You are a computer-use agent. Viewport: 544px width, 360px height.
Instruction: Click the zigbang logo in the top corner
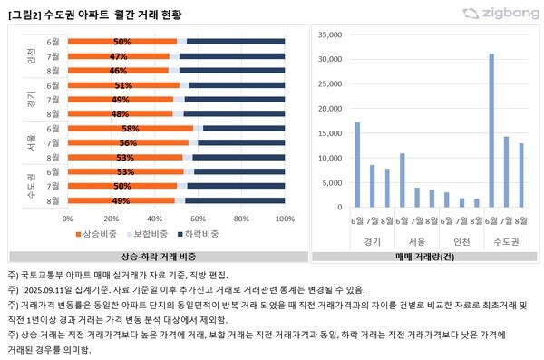pyautogui.click(x=500, y=13)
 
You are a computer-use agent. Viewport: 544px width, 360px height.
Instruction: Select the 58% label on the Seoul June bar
pyautogui.click(x=130, y=129)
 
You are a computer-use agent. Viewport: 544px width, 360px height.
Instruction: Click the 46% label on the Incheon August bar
pyautogui.click(x=118, y=70)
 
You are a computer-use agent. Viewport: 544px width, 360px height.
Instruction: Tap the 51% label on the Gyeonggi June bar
pyautogui.click(x=124, y=85)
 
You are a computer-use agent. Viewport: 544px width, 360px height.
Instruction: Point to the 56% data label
pyautogui.click(x=128, y=142)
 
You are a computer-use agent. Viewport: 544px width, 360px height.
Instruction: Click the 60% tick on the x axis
pyautogui.click(x=199, y=219)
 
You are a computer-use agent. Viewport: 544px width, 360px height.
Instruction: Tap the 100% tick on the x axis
pyautogui.click(x=284, y=219)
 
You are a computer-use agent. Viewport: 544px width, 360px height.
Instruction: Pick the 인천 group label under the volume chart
pyautogui.click(x=461, y=241)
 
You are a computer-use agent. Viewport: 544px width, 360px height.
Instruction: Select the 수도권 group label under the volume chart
pyautogui.click(x=506, y=241)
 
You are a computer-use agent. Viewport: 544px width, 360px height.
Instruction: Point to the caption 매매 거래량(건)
pyautogui.click(x=423, y=257)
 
